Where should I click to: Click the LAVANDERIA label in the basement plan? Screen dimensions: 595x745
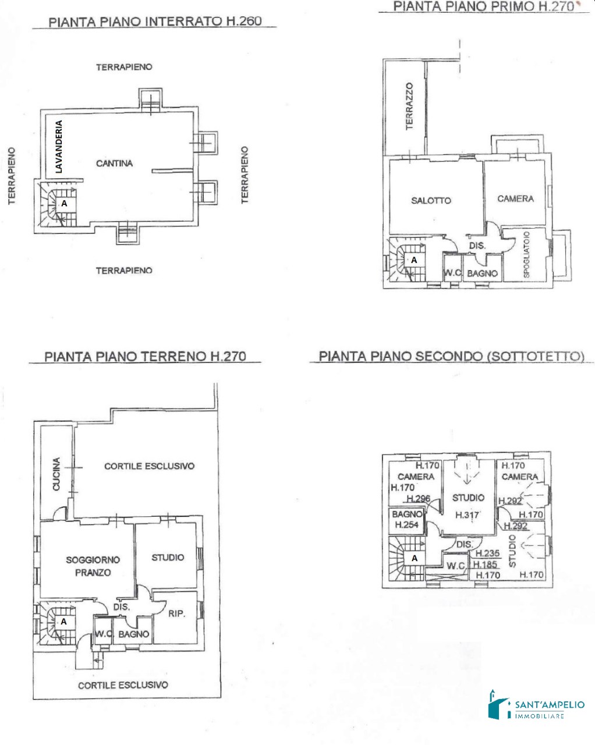(x=59, y=147)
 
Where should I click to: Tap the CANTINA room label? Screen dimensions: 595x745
(x=114, y=163)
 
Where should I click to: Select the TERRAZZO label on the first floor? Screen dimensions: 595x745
(x=409, y=106)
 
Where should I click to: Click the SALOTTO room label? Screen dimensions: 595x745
(x=431, y=200)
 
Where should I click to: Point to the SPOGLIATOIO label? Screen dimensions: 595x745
(x=526, y=254)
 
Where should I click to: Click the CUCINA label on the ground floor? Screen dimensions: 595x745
(x=56, y=474)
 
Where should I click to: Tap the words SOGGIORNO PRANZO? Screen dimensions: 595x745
(x=93, y=566)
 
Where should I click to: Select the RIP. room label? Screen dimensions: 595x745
(x=176, y=614)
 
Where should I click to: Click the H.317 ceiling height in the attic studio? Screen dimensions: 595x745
(x=467, y=515)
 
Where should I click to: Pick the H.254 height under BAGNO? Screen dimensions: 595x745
(x=406, y=525)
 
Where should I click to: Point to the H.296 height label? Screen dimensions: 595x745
(x=419, y=499)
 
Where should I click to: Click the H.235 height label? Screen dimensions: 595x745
(x=487, y=554)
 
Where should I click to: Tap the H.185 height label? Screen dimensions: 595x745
(x=485, y=565)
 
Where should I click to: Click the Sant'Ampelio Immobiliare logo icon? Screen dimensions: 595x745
(x=498, y=704)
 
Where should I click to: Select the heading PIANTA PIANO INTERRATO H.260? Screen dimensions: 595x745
(x=155, y=22)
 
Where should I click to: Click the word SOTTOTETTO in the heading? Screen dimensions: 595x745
(x=536, y=356)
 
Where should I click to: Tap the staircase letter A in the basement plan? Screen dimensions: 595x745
(x=64, y=204)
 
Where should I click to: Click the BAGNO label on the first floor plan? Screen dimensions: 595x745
(x=482, y=274)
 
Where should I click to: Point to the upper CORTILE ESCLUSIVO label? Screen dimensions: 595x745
(x=149, y=466)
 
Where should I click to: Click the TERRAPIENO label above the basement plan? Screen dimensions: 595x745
(x=124, y=67)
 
